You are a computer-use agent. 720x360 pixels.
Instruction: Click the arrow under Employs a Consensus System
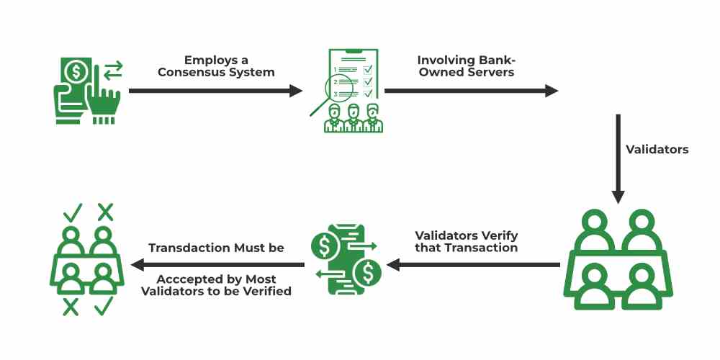(215, 91)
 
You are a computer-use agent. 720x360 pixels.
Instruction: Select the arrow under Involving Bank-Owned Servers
(471, 91)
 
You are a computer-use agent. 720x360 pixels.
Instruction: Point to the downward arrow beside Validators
(617, 159)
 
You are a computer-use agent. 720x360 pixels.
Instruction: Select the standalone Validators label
(657, 150)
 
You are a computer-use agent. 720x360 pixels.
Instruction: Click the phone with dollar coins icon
(346, 259)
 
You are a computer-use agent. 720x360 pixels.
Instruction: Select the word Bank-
(495, 59)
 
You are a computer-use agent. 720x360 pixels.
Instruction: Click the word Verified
(266, 292)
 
